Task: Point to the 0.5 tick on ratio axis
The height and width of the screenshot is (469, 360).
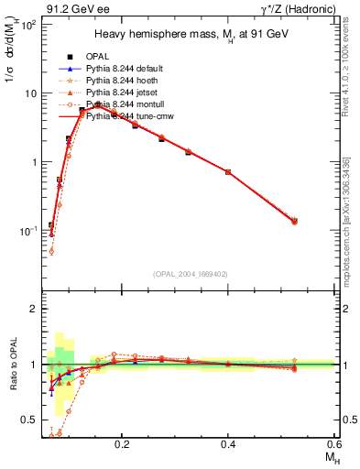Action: pos(34,420)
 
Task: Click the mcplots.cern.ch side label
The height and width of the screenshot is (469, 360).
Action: pos(351,229)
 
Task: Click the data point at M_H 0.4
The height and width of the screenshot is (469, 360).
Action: pos(228,171)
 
